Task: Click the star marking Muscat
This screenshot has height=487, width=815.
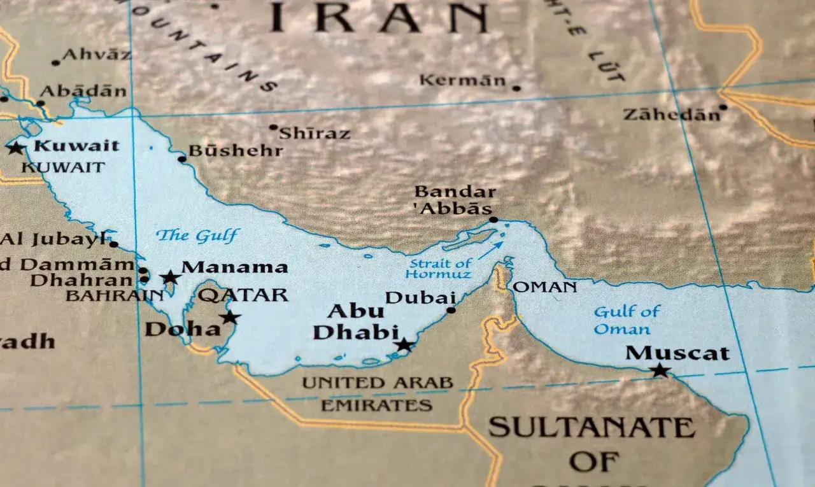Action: [660, 370]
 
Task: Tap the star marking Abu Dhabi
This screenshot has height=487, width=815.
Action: [404, 345]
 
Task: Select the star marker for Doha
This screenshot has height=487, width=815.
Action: [230, 316]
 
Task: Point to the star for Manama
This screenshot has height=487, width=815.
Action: [170, 277]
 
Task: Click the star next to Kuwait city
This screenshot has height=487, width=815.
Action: [15, 148]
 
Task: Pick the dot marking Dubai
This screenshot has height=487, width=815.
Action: [451, 310]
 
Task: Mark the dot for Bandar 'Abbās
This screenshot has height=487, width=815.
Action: [492, 220]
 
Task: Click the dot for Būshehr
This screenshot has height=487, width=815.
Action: [181, 159]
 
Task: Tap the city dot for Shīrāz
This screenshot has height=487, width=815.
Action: [273, 127]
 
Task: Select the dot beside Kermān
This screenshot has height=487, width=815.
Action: [516, 88]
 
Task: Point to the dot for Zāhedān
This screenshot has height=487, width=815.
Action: [723, 107]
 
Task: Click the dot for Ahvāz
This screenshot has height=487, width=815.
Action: [56, 62]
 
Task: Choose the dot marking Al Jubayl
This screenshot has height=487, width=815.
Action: [113, 244]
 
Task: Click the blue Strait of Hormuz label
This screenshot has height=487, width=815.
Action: [440, 269]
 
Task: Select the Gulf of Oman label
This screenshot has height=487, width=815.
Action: [626, 320]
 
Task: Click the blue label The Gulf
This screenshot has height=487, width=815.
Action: [198, 236]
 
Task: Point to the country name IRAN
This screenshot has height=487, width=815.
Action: [378, 18]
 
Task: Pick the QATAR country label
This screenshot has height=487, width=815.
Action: [243, 295]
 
